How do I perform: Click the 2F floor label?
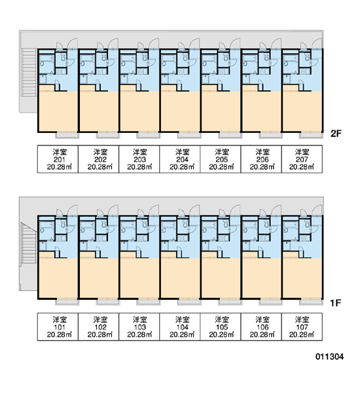[x=336, y=134]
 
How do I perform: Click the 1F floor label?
[x=335, y=303]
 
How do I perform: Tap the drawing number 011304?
[x=330, y=356]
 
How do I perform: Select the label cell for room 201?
[x=58, y=159]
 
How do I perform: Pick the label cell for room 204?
[x=180, y=159]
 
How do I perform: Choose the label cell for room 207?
[x=302, y=159]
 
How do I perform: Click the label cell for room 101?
[x=58, y=327]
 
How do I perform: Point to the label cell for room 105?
[x=221, y=327]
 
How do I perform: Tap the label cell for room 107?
[x=302, y=327]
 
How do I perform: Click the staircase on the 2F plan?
[x=29, y=73]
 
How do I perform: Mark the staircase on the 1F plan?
[x=29, y=243]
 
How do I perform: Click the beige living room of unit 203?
[x=139, y=111]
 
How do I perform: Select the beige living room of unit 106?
[x=261, y=278]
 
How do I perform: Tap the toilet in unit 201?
[x=63, y=58]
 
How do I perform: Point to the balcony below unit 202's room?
[x=108, y=135]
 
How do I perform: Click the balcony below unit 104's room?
[x=189, y=302]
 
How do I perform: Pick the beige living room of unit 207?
[x=302, y=111]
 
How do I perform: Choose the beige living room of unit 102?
[x=99, y=278]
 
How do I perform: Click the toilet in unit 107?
[x=307, y=225]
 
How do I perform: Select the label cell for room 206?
[x=261, y=159]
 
